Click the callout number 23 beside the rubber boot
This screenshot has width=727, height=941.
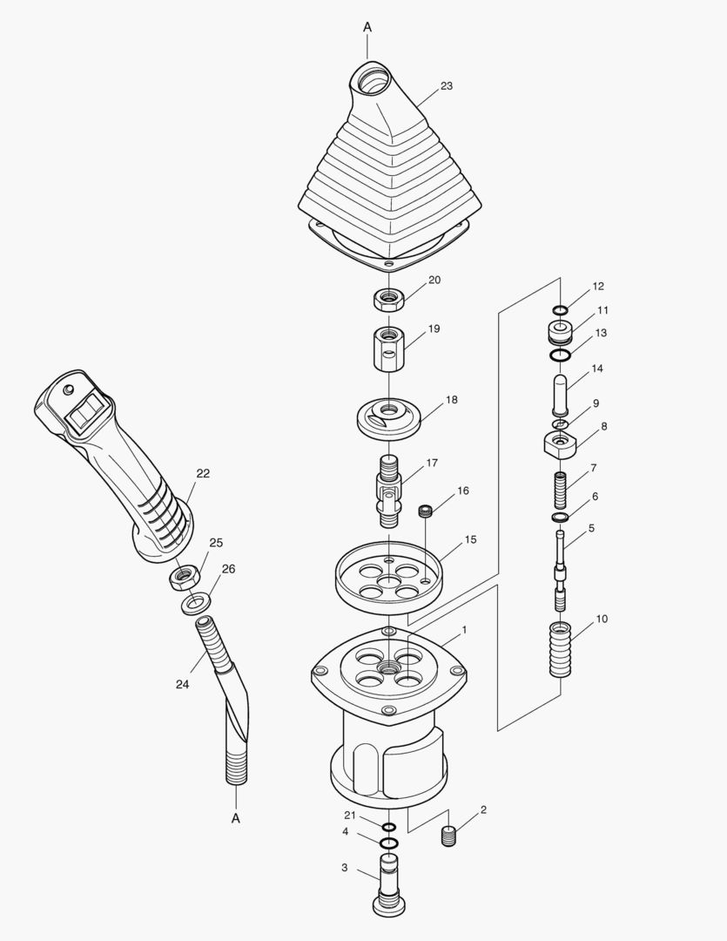(x=446, y=86)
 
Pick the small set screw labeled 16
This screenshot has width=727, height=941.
(x=427, y=511)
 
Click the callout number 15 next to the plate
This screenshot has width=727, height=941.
(x=469, y=540)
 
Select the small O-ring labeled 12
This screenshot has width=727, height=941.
(x=560, y=309)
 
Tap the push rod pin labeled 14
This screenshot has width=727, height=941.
(x=561, y=393)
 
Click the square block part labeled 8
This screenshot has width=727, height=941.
(x=562, y=443)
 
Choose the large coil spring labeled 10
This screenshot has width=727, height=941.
(x=562, y=649)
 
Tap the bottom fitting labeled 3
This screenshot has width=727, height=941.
(x=388, y=887)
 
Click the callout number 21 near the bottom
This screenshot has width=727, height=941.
(x=350, y=815)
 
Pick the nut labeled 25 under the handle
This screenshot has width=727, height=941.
(x=184, y=575)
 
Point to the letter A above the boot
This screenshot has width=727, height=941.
(x=367, y=28)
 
